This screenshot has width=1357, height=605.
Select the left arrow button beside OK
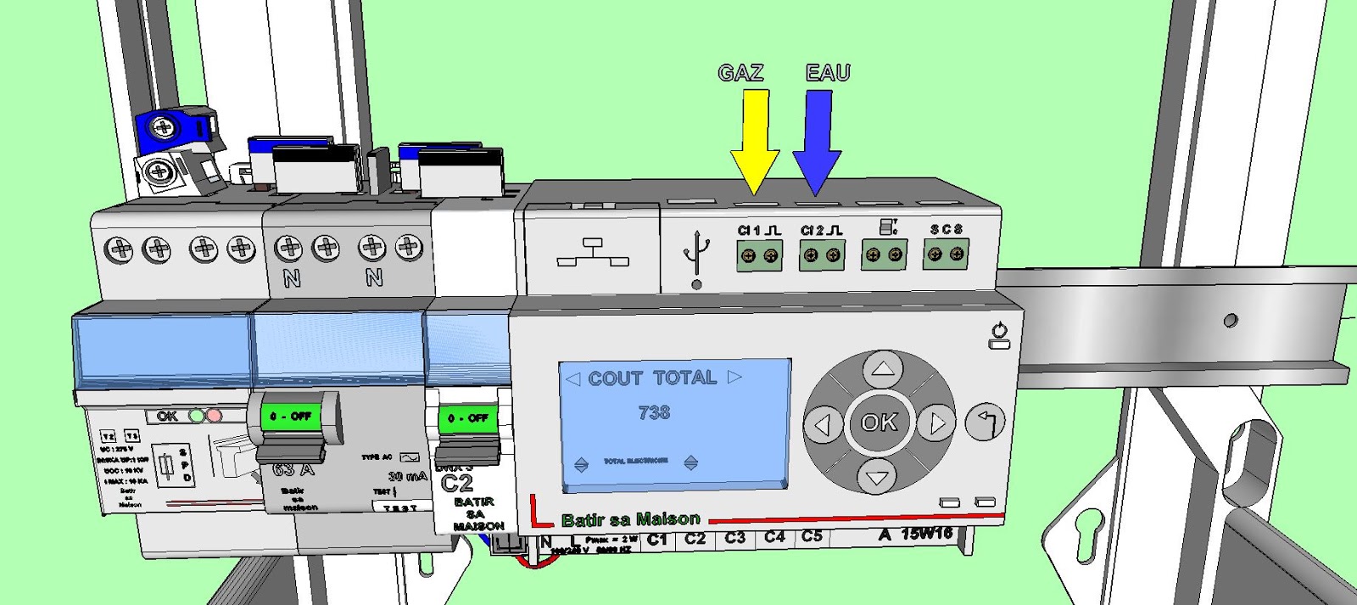tap(823, 423)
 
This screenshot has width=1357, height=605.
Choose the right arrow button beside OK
tap(935, 422)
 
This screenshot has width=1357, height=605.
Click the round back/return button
tap(986, 422)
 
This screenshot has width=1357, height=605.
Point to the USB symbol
tap(696, 254)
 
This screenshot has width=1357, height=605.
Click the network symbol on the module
tap(593, 253)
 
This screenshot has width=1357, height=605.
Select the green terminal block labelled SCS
tap(946, 254)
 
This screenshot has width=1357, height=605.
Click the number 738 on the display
tap(654, 413)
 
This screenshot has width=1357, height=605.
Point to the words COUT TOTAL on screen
tap(652, 378)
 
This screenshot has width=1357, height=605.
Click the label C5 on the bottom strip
tap(812, 536)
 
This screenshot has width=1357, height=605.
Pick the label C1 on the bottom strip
tap(657, 539)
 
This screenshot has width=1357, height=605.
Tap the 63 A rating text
tap(293, 469)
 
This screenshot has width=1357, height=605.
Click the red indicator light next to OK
tap(215, 416)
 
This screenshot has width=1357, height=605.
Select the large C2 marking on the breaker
tap(457, 483)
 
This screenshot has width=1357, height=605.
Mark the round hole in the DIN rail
tap(1231, 321)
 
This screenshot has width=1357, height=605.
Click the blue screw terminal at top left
tap(164, 128)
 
